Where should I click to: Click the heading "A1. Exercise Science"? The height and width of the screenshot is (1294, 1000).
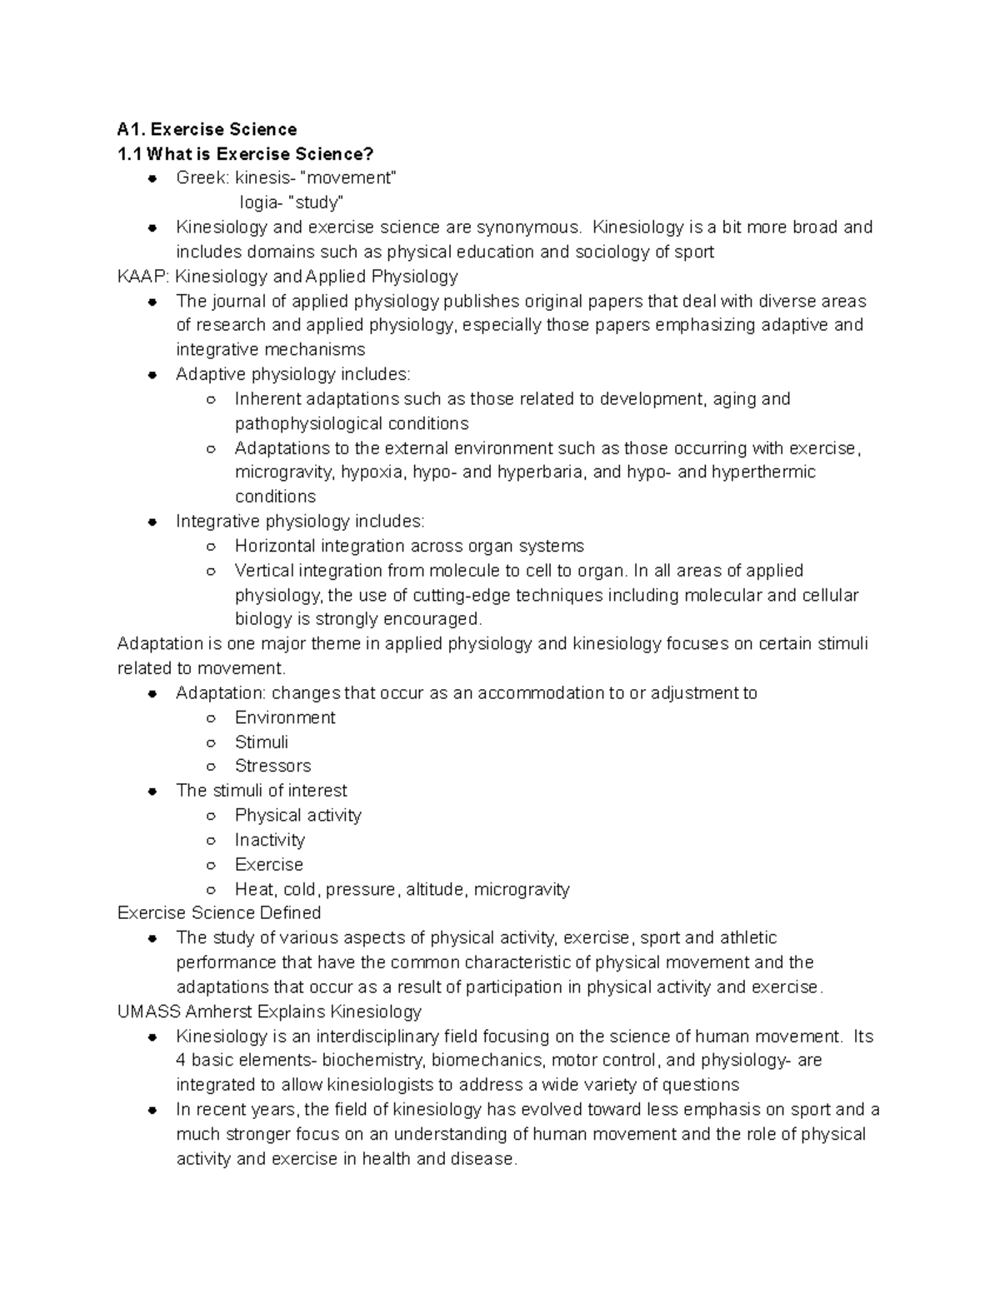[x=207, y=129]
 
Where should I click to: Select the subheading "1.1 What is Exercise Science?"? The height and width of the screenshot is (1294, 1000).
[x=245, y=154]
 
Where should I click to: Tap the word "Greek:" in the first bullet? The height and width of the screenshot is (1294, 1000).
[x=202, y=178]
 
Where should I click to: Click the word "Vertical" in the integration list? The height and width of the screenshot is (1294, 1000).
[x=264, y=571]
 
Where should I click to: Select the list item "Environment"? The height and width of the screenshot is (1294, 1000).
[x=285, y=717]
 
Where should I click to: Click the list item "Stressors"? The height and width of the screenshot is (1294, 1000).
[x=272, y=767]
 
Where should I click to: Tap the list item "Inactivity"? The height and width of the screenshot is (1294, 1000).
[x=270, y=840]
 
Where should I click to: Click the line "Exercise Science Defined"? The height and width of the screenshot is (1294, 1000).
[x=219, y=913]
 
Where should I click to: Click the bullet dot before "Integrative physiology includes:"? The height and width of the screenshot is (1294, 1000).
[x=152, y=522]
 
